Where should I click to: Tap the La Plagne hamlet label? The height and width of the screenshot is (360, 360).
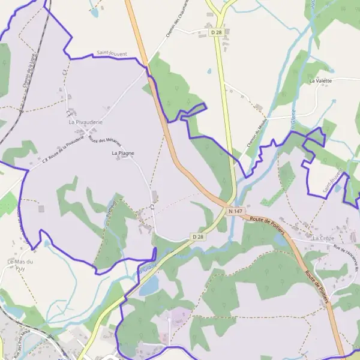pyautogui.click(x=123, y=153)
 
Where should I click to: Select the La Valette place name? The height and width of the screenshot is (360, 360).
pyautogui.click(x=320, y=80)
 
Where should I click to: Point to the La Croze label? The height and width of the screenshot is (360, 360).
pyautogui.click(x=323, y=238)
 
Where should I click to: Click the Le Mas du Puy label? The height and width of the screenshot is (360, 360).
pyautogui.click(x=19, y=265)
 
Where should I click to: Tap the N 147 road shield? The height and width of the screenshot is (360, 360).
pyautogui.click(x=235, y=211)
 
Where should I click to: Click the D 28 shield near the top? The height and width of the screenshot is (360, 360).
pyautogui.click(x=217, y=32)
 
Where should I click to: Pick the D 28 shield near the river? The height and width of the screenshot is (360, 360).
pyautogui.click(x=198, y=238)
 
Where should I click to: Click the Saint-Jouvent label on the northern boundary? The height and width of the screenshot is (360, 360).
pyautogui.click(x=111, y=54)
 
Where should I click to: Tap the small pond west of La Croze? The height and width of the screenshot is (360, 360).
pyautogui.click(x=280, y=239)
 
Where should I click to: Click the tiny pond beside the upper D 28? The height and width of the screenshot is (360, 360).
pyautogui.click(x=209, y=71)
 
